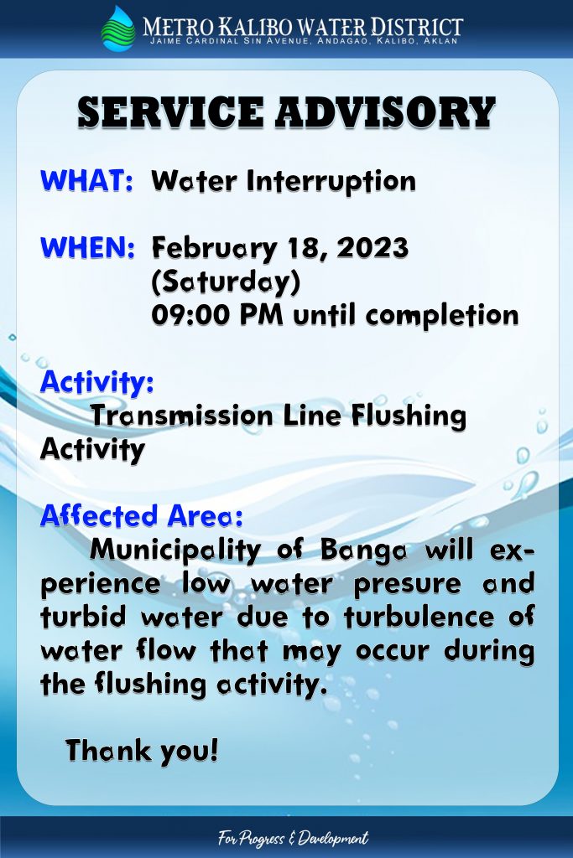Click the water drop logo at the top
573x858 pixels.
click(x=118, y=29)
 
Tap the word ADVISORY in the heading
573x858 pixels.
click(x=386, y=113)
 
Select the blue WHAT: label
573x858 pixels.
click(x=86, y=181)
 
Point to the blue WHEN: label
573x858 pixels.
click(x=87, y=247)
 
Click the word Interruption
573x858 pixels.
click(x=331, y=182)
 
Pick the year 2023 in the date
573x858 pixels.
click(x=373, y=247)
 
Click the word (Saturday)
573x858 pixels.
click(x=227, y=282)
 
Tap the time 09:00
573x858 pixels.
click(x=190, y=315)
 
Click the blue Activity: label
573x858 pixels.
click(x=97, y=382)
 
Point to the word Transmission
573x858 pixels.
click(x=182, y=416)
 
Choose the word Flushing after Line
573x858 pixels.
click(x=409, y=416)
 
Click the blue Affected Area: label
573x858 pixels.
click(x=141, y=515)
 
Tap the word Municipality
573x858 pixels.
click(x=175, y=550)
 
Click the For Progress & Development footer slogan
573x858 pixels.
click(x=293, y=838)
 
